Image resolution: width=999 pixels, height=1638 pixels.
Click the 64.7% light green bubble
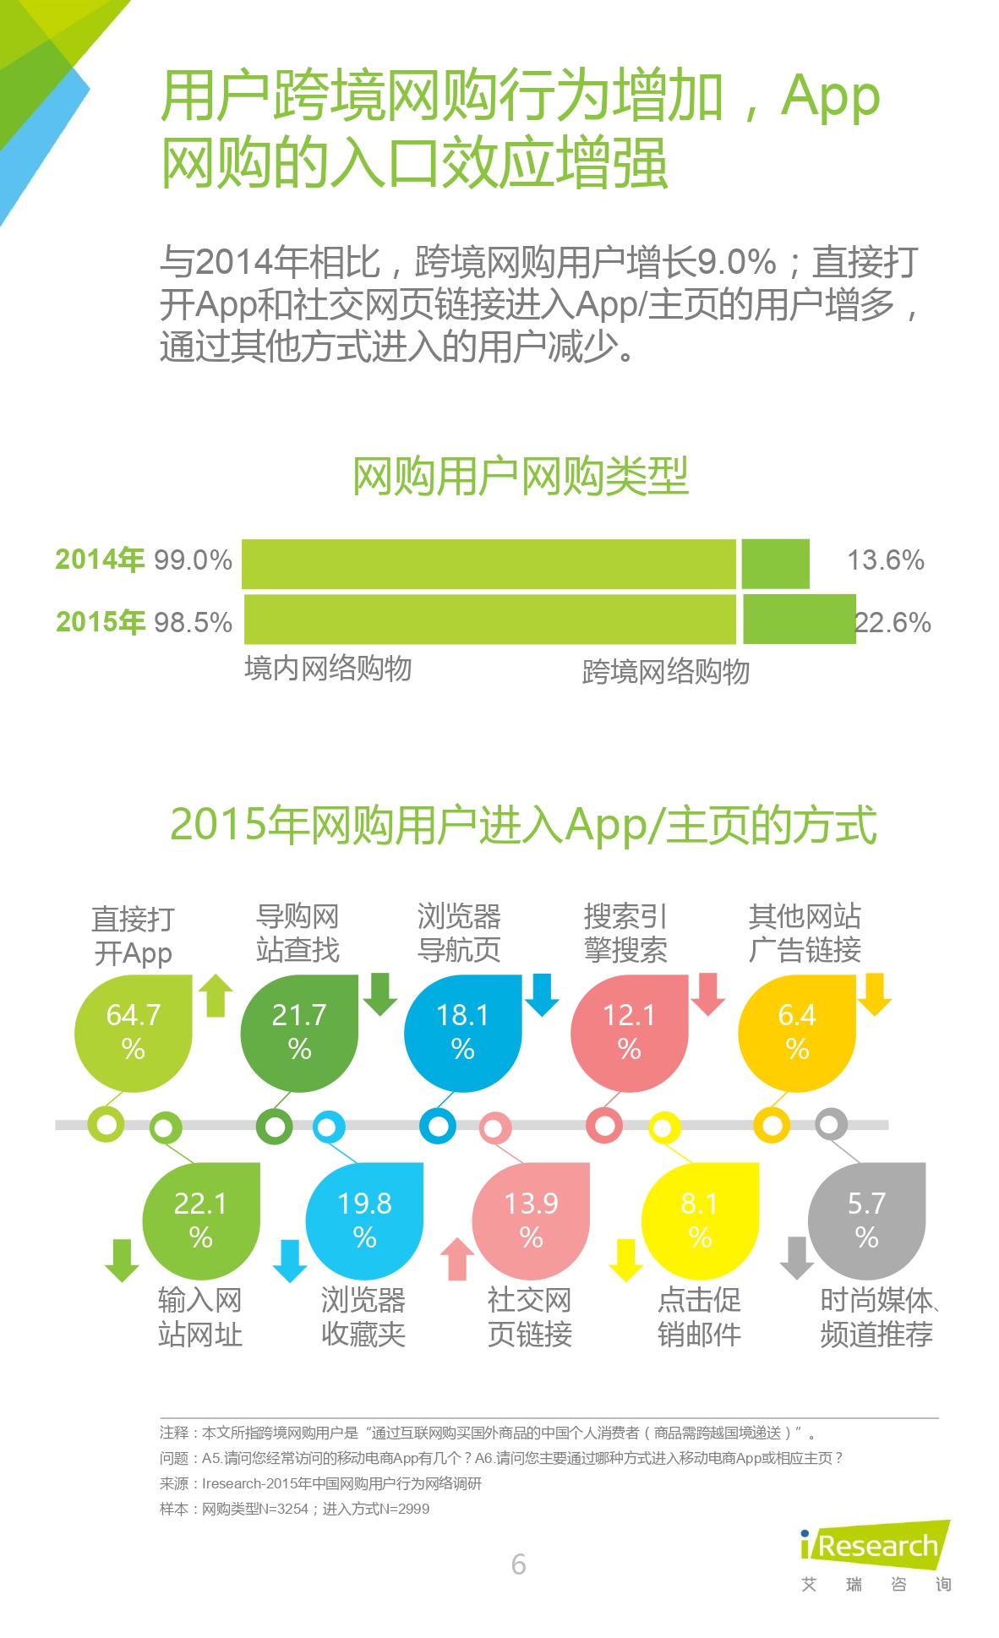[133, 1032]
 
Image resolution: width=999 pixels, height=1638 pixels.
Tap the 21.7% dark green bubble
[299, 1032]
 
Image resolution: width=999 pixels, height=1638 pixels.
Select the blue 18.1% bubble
[462, 1032]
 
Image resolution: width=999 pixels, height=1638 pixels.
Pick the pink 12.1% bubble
[629, 1032]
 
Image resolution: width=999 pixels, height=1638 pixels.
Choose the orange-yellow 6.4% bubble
[796, 1032]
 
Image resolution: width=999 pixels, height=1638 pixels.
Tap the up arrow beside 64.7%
[216, 995]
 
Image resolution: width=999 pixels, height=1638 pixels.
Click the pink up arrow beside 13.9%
[457, 1259]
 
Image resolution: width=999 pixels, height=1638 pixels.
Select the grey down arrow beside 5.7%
[796, 1258]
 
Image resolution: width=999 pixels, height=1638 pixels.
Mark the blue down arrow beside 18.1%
[542, 995]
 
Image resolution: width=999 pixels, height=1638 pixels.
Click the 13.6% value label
[885, 560]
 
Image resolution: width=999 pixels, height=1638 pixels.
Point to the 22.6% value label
[893, 623]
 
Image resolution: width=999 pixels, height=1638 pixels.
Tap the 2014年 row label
[100, 560]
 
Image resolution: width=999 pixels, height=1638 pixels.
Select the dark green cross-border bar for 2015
[799, 620]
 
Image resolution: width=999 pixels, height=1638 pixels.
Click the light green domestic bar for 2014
[489, 564]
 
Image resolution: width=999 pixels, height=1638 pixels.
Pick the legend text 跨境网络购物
[665, 672]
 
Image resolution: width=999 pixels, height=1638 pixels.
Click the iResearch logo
[875, 1546]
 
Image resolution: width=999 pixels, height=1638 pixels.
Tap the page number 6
[518, 1564]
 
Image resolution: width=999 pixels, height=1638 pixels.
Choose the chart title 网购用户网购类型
[520, 477]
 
